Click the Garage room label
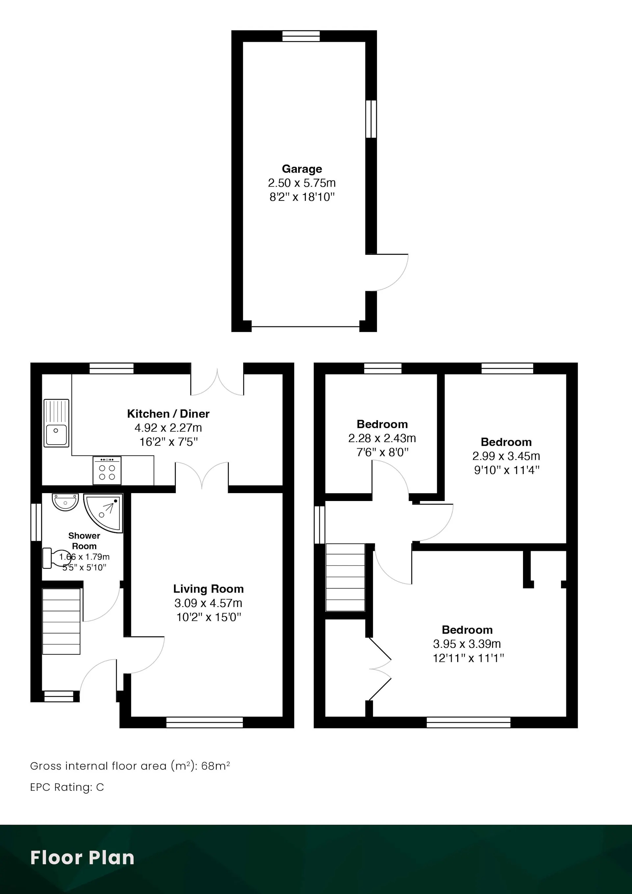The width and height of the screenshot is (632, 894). coord(302,169)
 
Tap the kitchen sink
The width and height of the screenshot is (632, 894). coord(57,423)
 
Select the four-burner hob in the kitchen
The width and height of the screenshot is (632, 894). coord(107,470)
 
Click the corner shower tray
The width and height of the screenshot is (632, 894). coord(103,513)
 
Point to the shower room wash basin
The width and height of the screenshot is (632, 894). coord(66,502)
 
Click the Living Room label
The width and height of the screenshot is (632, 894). coord(208,589)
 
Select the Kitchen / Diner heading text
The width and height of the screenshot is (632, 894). coord(168,413)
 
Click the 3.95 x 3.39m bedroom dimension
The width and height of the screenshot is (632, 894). coord(467,644)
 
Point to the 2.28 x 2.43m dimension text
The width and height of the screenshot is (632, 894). coord(382,438)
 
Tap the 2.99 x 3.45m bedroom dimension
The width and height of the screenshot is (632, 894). coord(506,456)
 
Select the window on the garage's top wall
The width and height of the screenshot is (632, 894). coord(301,36)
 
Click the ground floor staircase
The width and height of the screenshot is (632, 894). coord(61,621)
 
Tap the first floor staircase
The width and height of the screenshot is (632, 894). coord(345,577)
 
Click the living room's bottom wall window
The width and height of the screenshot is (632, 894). coord(204,722)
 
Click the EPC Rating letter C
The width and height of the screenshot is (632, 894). coord(100,787)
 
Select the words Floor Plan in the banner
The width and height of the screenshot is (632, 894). coord(82,857)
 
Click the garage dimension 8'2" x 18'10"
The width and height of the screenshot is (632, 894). coord(302,197)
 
